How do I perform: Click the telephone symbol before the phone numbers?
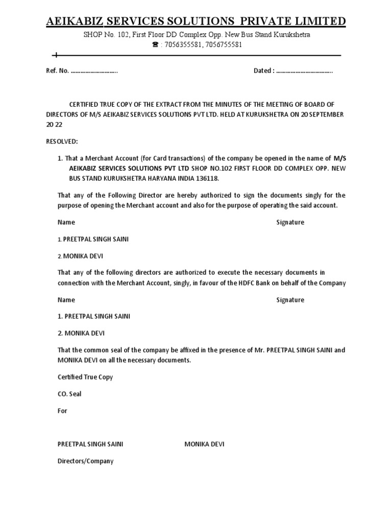[156, 44]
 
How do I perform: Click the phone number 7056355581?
[182, 44]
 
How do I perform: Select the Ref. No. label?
[57, 71]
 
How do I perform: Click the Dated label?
[264, 71]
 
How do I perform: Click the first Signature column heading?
[290, 222]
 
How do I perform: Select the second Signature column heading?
[290, 300]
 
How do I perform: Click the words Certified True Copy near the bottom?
[85, 377]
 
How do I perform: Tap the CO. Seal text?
[69, 394]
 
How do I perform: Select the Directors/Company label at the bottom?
[85, 461]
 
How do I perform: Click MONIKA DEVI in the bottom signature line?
[204, 444]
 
